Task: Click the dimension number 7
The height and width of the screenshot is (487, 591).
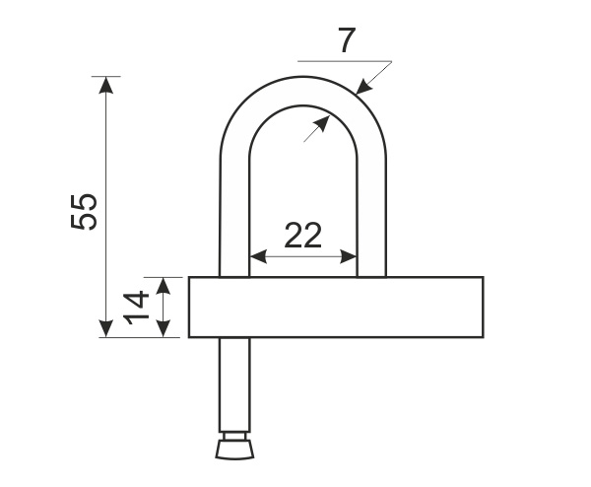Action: tap(347, 40)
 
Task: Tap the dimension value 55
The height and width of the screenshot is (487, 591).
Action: tap(84, 212)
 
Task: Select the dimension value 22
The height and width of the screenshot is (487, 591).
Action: tap(303, 235)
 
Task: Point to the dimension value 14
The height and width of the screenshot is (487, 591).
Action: tap(136, 308)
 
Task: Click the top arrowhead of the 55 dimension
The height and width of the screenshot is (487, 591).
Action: tap(106, 85)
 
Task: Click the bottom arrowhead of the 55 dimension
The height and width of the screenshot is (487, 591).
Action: tap(106, 328)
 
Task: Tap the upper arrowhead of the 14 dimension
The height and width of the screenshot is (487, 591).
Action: tap(163, 286)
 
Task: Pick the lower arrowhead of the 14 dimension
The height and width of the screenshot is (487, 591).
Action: tap(163, 328)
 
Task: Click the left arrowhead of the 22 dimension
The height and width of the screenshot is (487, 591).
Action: tap(258, 257)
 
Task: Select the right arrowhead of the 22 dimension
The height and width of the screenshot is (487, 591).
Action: tap(349, 257)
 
